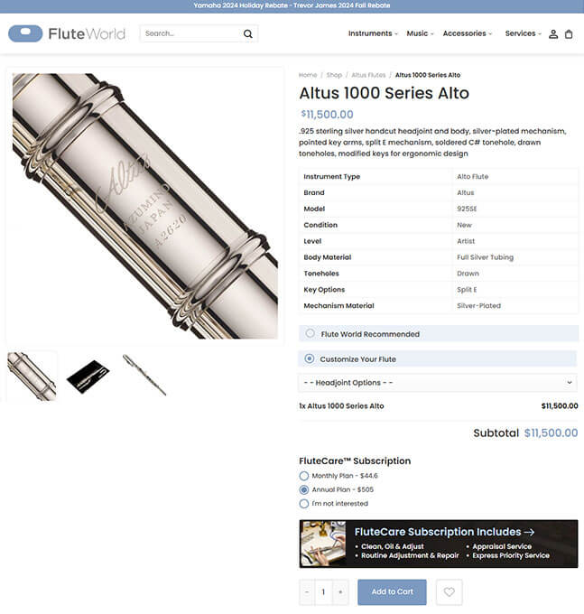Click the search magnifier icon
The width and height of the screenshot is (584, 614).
[x=247, y=34]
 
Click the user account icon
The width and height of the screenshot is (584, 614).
[x=553, y=34]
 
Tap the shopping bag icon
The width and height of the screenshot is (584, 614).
[x=569, y=34]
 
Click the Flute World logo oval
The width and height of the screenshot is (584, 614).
[x=25, y=33]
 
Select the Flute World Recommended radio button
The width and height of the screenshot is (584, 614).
[x=310, y=333]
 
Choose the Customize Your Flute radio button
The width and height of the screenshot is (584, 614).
[x=310, y=358]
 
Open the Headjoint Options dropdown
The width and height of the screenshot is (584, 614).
[x=438, y=383]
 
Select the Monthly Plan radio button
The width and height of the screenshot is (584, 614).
[x=304, y=476]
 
